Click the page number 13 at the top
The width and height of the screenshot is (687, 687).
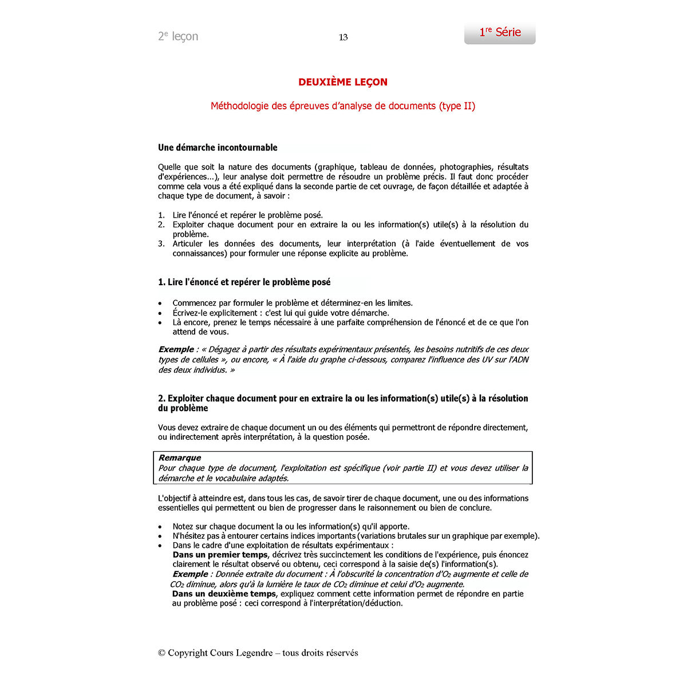click(343, 37)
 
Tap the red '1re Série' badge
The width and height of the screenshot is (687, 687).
click(500, 33)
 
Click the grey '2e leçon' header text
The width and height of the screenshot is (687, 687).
click(178, 37)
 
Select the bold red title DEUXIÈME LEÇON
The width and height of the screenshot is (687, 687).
click(343, 82)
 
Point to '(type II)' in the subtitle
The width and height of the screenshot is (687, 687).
click(457, 106)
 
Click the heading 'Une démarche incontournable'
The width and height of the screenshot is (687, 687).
click(218, 148)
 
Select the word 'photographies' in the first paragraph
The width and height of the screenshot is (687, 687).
click(465, 167)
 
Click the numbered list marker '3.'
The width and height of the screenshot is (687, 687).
click(161, 244)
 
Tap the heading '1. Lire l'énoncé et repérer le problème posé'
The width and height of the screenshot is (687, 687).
click(244, 282)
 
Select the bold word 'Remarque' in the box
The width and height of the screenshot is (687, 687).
click(180, 458)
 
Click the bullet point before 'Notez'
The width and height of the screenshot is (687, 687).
click(160, 527)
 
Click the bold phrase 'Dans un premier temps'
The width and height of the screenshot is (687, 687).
click(220, 555)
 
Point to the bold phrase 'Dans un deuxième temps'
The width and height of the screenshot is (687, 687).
click(224, 594)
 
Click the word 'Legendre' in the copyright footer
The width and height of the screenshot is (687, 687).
click(253, 653)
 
